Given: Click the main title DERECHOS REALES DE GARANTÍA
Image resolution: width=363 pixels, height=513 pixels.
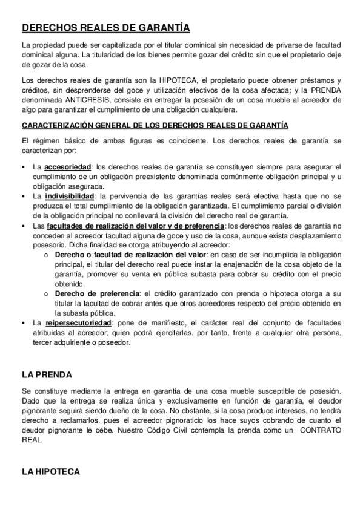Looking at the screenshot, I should click(105, 28).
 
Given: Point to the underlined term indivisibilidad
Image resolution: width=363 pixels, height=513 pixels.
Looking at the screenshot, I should click(70, 197).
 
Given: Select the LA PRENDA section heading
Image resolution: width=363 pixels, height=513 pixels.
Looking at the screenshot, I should click(46, 375).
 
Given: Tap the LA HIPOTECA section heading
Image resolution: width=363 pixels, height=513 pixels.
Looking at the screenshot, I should click(50, 471).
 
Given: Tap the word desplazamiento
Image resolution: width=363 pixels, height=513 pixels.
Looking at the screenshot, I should click(310, 236).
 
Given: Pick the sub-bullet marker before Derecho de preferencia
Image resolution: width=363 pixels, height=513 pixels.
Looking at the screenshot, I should click(46, 294).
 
